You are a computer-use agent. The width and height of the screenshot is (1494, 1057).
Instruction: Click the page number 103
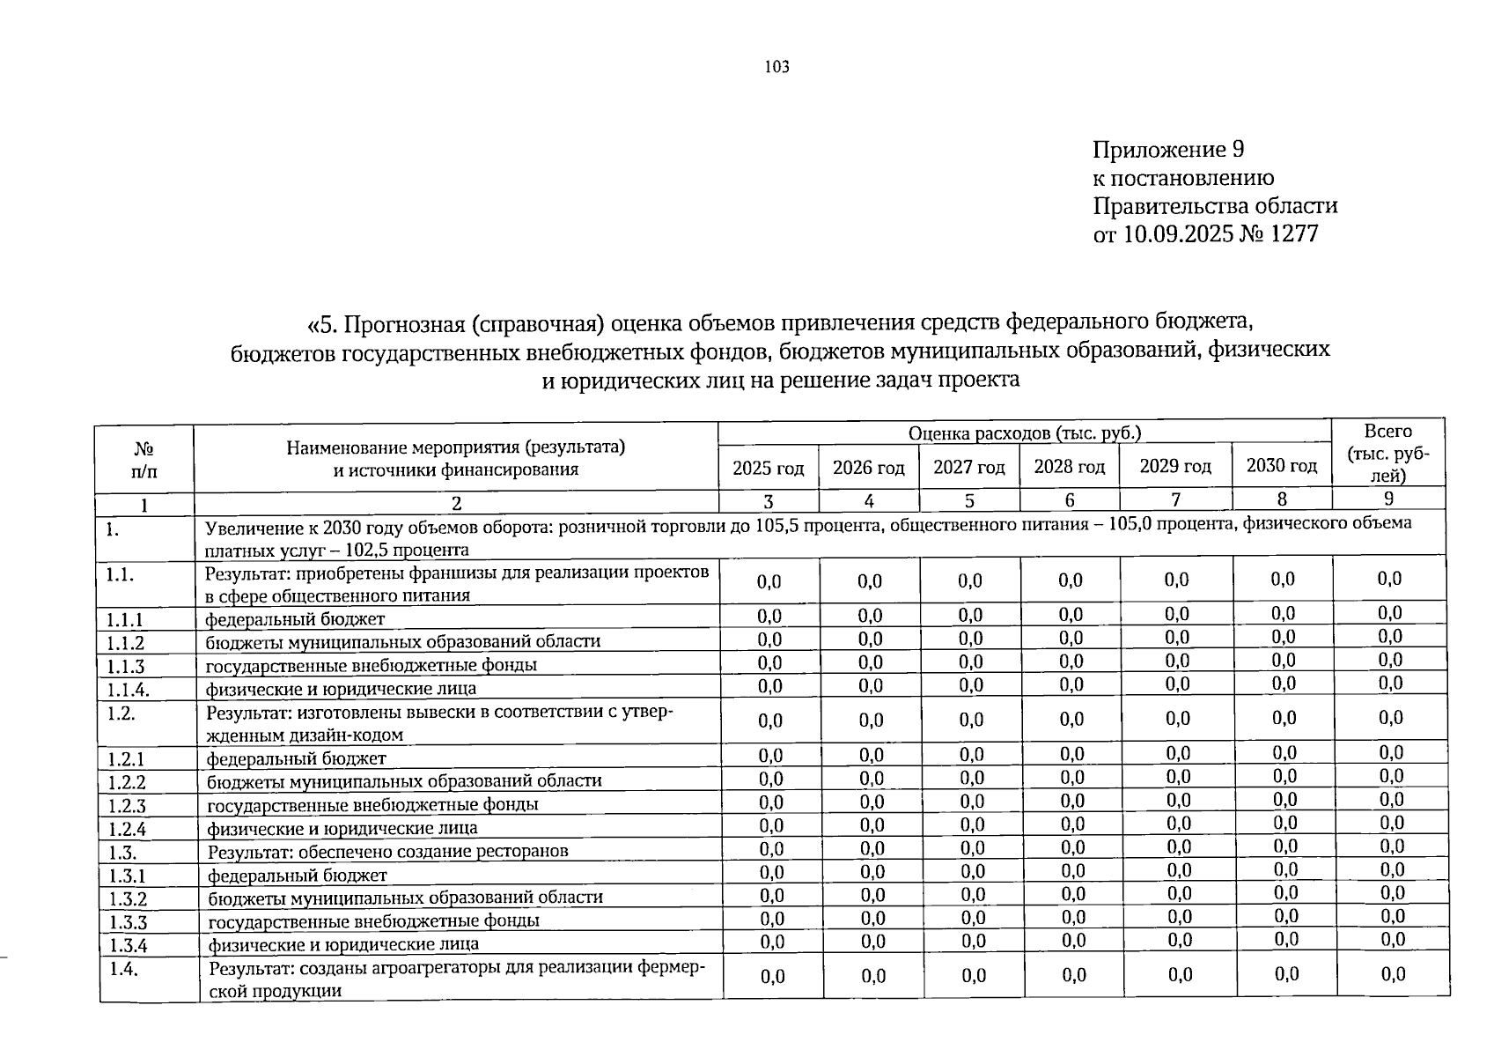(776, 67)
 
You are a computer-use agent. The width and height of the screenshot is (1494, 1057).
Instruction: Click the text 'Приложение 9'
(1167, 149)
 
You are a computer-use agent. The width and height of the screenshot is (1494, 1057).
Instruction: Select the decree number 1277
(1289, 234)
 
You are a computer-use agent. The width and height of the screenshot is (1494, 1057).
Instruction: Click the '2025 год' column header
(768, 469)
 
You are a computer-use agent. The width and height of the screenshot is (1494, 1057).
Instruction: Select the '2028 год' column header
(1069, 467)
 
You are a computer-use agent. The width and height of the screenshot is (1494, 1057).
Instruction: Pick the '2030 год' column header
(1281, 466)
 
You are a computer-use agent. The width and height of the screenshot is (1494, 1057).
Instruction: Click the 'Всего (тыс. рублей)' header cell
(1387, 453)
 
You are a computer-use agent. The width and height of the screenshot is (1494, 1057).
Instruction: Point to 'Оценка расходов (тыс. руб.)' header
(1025, 432)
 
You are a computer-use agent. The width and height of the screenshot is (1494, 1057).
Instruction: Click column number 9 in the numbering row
(1388, 499)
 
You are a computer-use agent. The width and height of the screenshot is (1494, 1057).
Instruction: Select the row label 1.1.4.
(128, 689)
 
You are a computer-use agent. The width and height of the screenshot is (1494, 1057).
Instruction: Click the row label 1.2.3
(128, 805)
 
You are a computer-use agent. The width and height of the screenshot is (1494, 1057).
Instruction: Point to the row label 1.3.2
(128, 898)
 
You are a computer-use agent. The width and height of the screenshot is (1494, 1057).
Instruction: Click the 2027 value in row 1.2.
(970, 720)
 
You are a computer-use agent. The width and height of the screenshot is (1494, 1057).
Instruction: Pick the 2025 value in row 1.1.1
(769, 615)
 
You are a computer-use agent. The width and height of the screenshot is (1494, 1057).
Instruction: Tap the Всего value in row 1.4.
(1393, 973)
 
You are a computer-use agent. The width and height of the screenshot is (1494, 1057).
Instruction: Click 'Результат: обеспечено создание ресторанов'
(387, 851)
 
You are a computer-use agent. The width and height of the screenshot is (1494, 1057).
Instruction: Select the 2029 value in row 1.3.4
(1180, 941)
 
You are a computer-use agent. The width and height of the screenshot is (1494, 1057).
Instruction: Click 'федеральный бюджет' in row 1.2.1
(297, 758)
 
